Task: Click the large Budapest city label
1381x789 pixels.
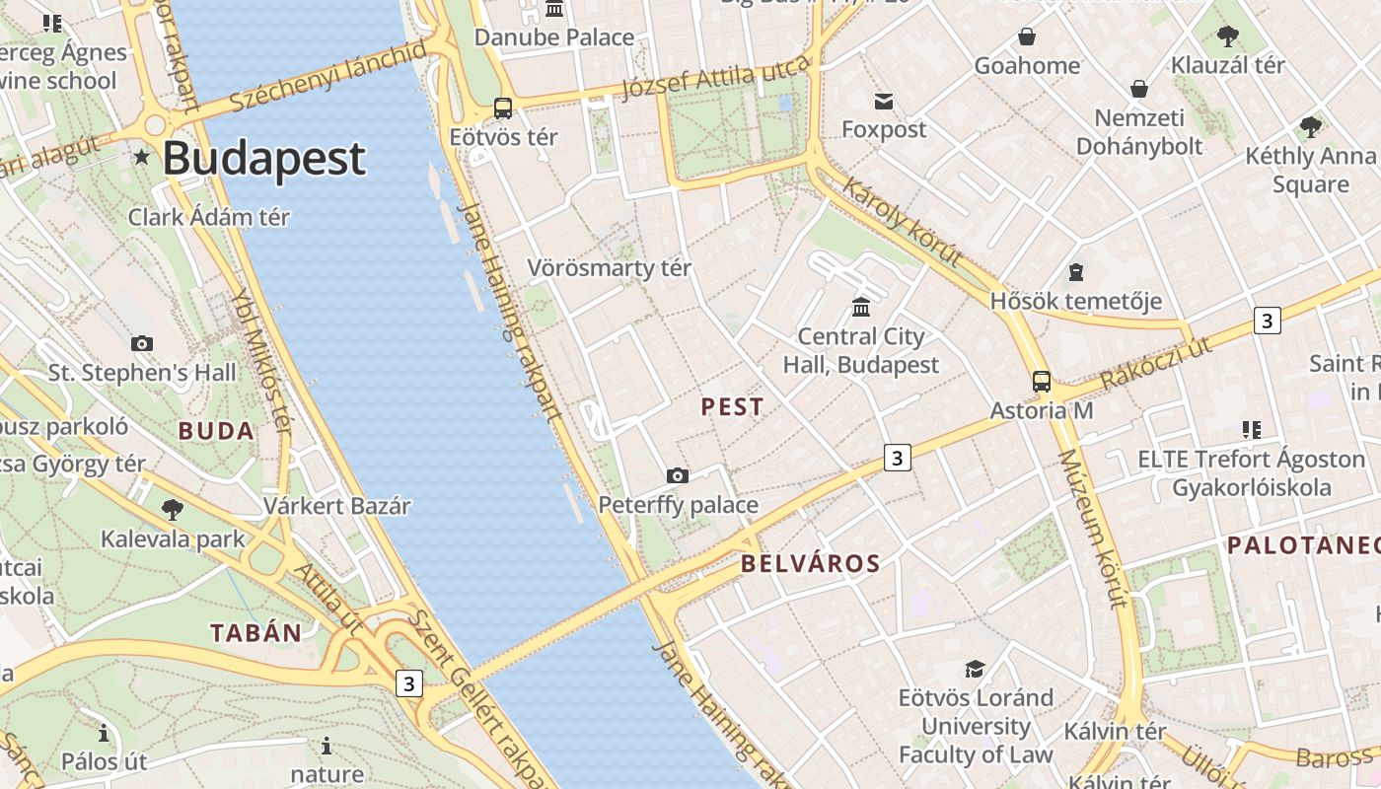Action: click(x=263, y=159)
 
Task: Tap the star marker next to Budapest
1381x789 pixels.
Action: click(x=142, y=157)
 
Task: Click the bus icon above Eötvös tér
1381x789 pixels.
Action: click(x=503, y=108)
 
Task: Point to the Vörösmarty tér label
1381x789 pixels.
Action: click(x=609, y=268)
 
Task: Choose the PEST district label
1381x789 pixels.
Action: click(x=732, y=406)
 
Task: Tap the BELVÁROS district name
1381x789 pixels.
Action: click(x=810, y=564)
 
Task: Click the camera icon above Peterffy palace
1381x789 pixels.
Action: click(x=678, y=476)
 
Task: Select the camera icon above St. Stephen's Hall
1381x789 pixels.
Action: click(x=142, y=344)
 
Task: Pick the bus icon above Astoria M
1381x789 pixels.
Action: click(x=1042, y=382)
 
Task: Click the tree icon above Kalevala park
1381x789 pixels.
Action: click(x=173, y=510)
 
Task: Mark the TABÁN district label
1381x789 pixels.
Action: click(x=255, y=633)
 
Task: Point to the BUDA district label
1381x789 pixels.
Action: click(x=216, y=431)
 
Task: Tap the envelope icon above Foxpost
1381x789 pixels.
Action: click(x=883, y=102)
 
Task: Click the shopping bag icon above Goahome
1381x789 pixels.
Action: click(x=1027, y=37)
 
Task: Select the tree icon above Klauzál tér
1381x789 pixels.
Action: click(x=1227, y=37)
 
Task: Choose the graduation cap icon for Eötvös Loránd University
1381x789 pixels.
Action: click(x=975, y=670)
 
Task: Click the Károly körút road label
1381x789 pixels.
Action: click(x=902, y=222)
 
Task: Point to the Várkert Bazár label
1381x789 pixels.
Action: click(x=336, y=507)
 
